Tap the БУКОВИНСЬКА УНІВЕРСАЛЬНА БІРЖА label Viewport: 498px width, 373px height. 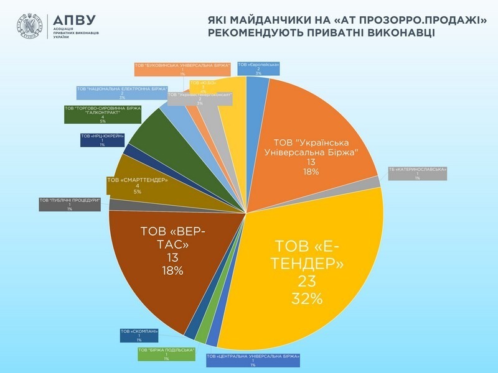coord(183,68)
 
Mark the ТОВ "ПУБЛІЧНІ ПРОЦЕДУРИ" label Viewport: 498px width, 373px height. coord(70,204)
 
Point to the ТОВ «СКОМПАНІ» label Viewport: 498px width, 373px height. coord(139,335)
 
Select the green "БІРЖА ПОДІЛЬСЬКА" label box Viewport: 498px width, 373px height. coord(167,354)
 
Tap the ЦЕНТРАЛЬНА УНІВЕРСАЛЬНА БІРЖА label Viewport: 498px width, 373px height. coord(253,360)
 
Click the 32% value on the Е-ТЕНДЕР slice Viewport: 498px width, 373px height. coord(308,298)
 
